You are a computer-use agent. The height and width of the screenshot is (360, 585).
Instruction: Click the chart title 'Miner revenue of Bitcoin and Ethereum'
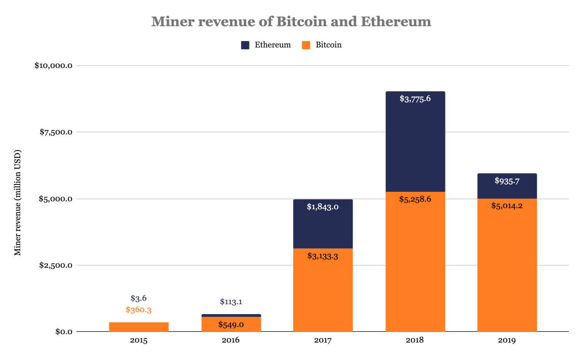pyautogui.click(x=291, y=22)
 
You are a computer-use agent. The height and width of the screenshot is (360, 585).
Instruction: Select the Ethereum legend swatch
pyautogui.click(x=245, y=45)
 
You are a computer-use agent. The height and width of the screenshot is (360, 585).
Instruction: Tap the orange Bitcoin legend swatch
pyautogui.click(x=306, y=45)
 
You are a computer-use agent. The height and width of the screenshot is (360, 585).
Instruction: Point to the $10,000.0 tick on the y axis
pyautogui.click(x=53, y=65)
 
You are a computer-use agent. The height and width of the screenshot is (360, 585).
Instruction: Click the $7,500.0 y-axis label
pyautogui.click(x=56, y=132)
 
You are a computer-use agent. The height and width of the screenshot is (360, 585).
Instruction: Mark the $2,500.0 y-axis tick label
pyautogui.click(x=56, y=265)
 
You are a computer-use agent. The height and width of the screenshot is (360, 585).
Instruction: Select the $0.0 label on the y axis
pyautogui.click(x=63, y=332)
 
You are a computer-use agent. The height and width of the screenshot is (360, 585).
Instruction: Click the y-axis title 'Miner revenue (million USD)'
pyautogui.click(x=17, y=203)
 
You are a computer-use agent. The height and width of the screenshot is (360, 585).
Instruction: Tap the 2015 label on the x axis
pyautogui.click(x=139, y=340)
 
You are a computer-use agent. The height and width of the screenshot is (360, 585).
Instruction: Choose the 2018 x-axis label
pyautogui.click(x=415, y=340)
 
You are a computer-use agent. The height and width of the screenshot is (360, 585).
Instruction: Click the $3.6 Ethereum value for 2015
pyautogui.click(x=139, y=298)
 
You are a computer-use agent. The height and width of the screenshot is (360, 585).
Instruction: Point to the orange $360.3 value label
pyautogui.click(x=139, y=310)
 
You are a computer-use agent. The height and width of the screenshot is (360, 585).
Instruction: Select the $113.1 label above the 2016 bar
pyautogui.click(x=231, y=302)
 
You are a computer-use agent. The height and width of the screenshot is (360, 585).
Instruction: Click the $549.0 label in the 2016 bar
pyautogui.click(x=231, y=325)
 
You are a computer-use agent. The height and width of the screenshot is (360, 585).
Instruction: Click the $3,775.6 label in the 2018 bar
pyautogui.click(x=415, y=99)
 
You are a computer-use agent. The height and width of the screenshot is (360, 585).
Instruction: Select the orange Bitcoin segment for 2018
pyautogui.click(x=415, y=266)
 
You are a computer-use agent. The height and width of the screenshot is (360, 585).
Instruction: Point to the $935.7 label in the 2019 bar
pyautogui.click(x=507, y=181)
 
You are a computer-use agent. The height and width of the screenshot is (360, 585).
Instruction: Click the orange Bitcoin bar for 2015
pyautogui.click(x=139, y=327)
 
